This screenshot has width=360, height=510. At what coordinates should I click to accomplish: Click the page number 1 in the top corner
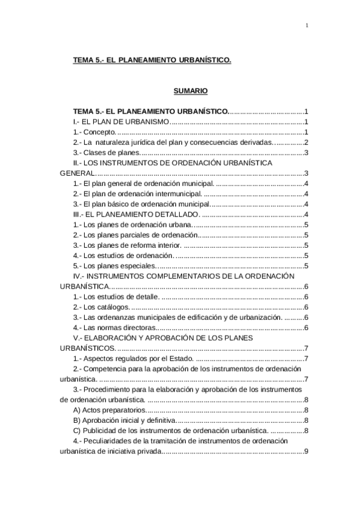click(x=307, y=25)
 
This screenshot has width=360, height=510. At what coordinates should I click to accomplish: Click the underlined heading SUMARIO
click(x=191, y=91)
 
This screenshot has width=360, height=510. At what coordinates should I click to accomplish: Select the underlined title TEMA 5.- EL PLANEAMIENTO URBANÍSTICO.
click(x=151, y=60)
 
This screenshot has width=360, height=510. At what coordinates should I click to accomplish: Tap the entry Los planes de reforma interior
click(x=126, y=245)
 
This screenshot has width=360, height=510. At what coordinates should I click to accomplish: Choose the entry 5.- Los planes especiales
click(x=114, y=266)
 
